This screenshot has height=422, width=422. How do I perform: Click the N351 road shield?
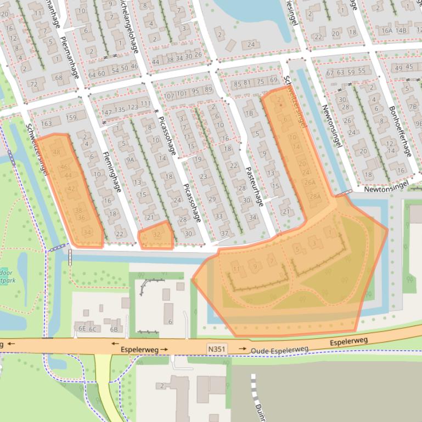pos(217,349)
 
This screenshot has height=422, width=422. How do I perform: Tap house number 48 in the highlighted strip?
pos(57,152)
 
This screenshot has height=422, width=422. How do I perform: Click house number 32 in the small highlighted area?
pos(156,235)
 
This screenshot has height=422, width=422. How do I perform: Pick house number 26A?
pos(310,183)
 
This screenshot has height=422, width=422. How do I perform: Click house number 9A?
pos(130,161)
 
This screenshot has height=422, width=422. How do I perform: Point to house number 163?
pos(46,124)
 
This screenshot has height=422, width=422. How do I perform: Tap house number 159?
pos(71,117)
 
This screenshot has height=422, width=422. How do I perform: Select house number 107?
pos(168,95)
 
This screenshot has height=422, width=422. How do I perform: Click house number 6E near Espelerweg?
pos(82,329)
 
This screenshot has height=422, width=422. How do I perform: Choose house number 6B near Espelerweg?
pos(114,329)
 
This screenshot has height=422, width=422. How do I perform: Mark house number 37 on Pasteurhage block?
pos(224,233)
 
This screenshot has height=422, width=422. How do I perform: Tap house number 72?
pos(33,84)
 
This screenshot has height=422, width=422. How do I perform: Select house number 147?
pos(107,112)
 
